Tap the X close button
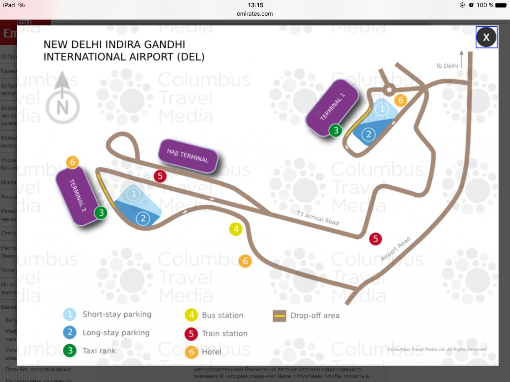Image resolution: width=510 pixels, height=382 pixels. point(486,37)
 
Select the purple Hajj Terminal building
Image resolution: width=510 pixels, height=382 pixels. point(187,155)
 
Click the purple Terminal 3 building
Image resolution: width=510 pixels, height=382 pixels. point(77,196)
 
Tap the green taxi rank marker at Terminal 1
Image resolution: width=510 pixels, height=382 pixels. point(336,131)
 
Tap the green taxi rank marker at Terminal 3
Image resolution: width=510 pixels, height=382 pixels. point(101,212)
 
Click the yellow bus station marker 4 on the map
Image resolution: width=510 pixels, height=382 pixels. point(236,229)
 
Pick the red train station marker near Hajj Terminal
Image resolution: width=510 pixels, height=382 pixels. point(160,176)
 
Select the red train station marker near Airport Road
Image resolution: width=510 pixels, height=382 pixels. point(375,239)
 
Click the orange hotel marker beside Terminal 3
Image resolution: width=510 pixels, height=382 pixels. point(73,162)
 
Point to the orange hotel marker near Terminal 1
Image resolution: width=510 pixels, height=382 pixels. point(401,100)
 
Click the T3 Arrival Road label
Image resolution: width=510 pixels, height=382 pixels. point(318,218)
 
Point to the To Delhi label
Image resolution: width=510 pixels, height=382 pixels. point(447,66)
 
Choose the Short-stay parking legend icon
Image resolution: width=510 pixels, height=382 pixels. point(70,314)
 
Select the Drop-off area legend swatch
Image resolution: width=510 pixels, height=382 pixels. point(279,316)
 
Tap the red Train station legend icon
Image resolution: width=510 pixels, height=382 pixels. point(191,333)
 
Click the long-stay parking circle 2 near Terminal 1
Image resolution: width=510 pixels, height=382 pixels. point(368,134)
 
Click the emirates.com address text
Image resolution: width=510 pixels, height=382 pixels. point(255,14)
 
